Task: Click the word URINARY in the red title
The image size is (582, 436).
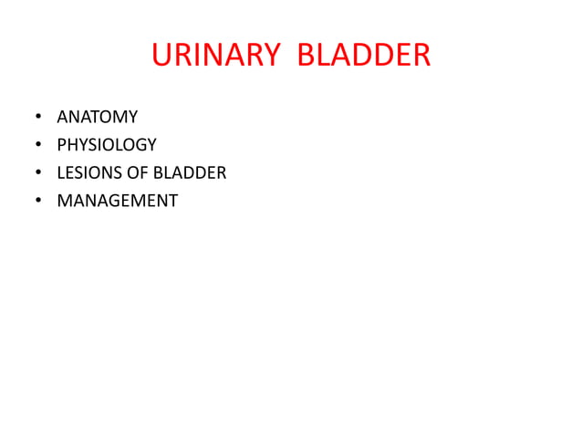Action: coord(215,57)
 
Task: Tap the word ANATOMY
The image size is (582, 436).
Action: coord(98,117)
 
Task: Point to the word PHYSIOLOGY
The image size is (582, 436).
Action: coord(107,144)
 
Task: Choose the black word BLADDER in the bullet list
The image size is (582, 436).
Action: coord(190,172)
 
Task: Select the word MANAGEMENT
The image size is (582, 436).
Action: coord(118,201)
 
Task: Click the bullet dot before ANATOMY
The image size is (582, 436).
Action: coord(38,118)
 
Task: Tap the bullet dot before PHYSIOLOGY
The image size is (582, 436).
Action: coord(38,145)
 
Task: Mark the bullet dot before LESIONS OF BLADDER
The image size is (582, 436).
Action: coord(38,173)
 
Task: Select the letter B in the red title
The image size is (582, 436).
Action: coord(308,57)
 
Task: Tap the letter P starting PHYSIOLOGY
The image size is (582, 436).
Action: coord(62,144)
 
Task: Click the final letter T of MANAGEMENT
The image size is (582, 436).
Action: coord(173,201)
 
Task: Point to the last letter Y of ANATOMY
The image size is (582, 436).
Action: coord(133,117)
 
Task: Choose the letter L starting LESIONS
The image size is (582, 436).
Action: coord(61,172)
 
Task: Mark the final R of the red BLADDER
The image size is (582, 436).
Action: coord(421,57)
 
